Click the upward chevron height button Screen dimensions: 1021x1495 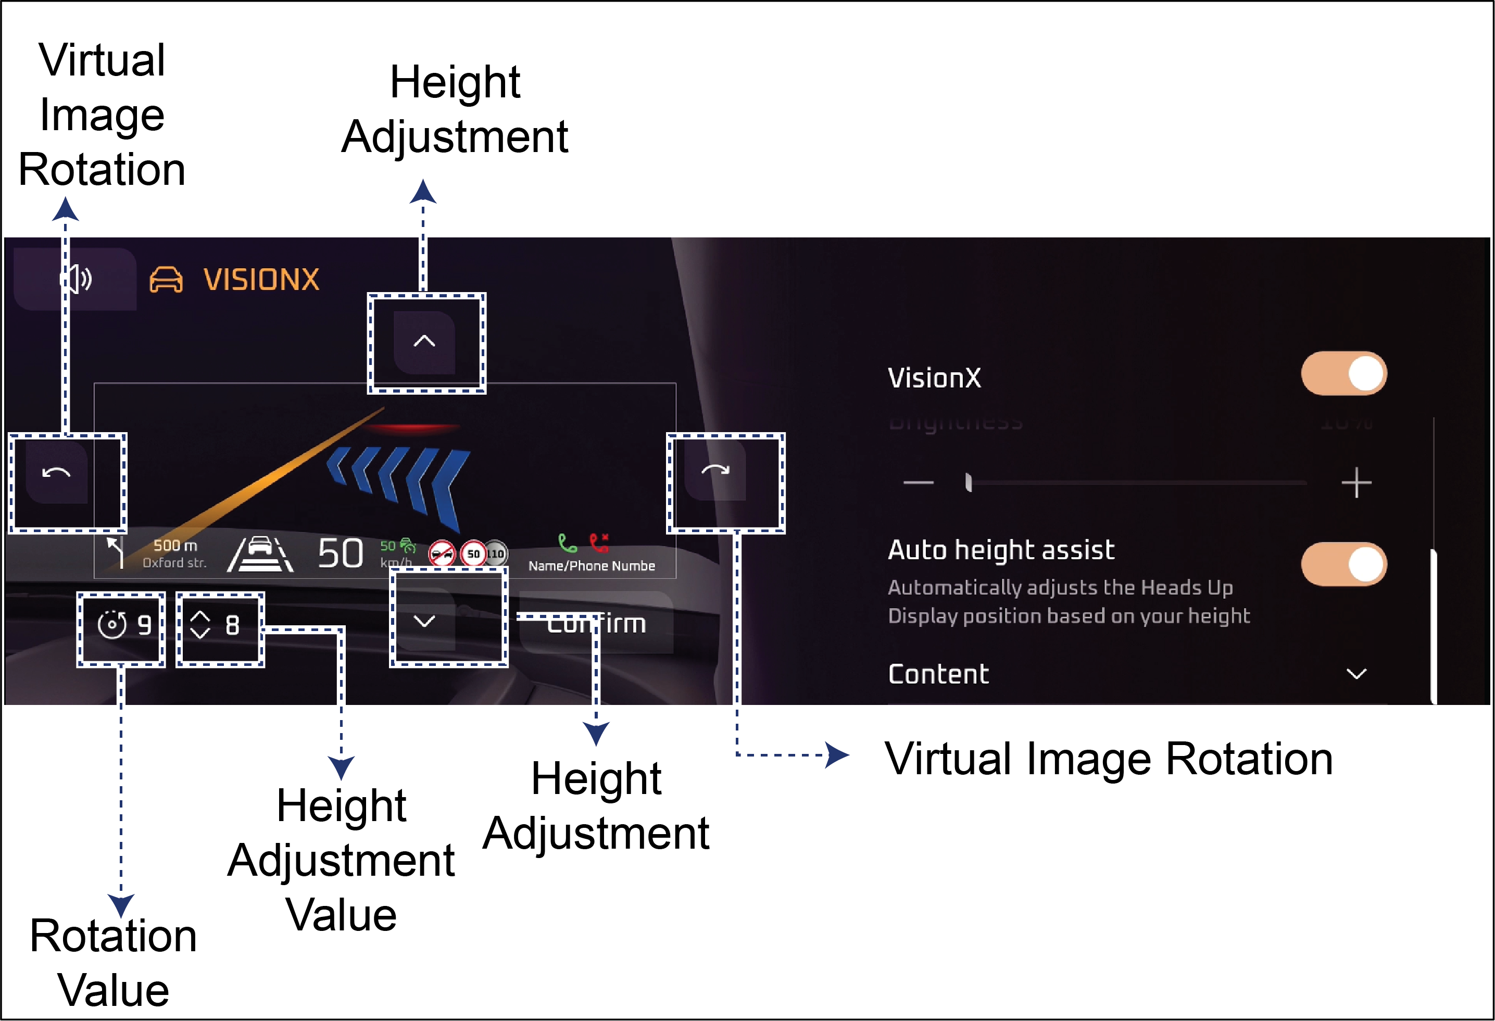click(424, 342)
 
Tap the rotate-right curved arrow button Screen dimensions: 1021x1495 click(715, 470)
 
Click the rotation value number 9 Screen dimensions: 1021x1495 click(145, 625)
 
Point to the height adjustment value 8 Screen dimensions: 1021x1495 click(232, 625)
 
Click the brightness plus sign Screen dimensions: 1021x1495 click(1356, 483)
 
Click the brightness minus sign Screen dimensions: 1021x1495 click(918, 483)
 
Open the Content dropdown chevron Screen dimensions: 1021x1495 click(1356, 674)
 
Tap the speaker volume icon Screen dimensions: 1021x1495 click(77, 279)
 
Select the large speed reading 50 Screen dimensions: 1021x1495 click(341, 554)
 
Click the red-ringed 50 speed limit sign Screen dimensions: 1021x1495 click(473, 554)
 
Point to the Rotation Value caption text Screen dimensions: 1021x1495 click(113, 963)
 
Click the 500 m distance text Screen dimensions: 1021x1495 click(175, 546)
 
